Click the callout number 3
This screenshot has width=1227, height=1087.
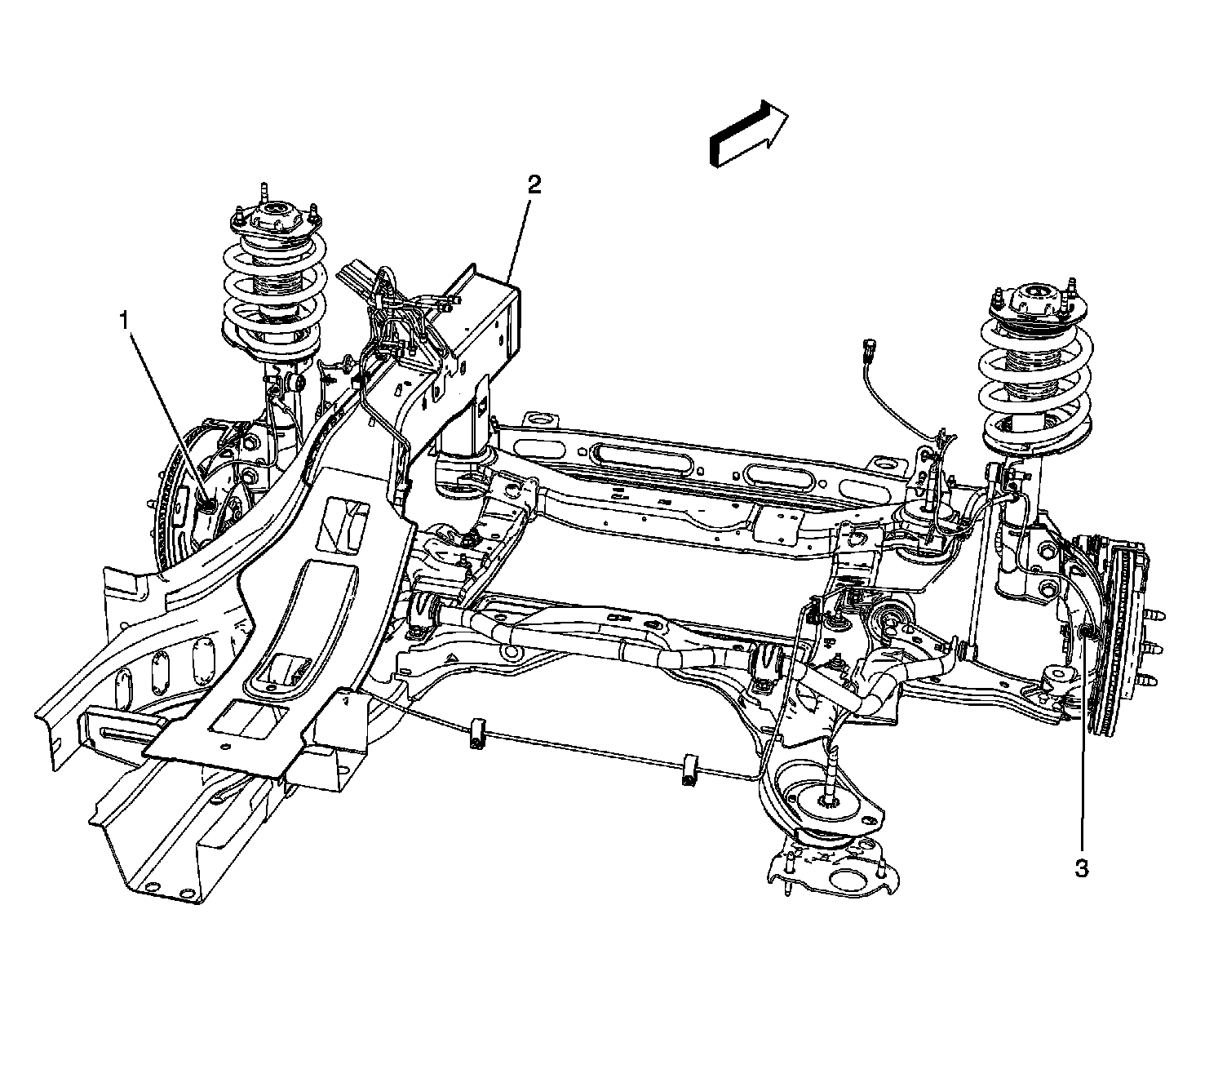[1081, 869]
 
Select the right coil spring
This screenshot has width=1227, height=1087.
[1036, 384]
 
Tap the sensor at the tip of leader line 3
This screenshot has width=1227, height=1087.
[1084, 632]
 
